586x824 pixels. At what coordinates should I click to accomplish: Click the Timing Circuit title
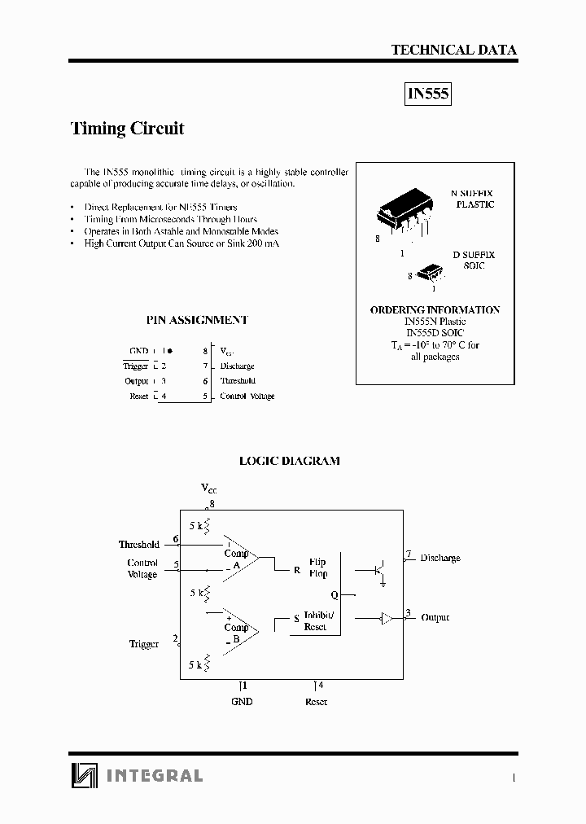pos(128,129)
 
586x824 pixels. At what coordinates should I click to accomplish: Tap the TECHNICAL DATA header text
pos(453,50)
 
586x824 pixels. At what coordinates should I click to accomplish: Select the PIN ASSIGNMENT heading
pos(197,320)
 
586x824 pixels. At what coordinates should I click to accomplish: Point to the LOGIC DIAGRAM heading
pos(289,461)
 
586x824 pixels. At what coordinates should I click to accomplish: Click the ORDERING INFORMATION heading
pos(435,310)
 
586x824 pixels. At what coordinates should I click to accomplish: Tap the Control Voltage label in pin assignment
pos(247,397)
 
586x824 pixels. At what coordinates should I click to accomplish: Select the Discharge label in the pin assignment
pos(237,366)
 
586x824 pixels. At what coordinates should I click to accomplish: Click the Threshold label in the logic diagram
pos(138,544)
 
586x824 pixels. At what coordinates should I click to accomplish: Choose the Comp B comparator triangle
pos(240,629)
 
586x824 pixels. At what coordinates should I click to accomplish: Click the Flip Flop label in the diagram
pos(317,567)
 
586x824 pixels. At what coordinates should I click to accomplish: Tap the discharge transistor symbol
pos(378,570)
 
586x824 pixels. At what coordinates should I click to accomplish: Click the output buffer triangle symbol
pos(387,618)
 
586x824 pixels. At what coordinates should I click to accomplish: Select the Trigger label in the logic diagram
pos(143,644)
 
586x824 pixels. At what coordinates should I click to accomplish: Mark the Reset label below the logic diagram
pos(316,701)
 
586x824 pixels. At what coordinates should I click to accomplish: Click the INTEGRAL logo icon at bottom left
pos(84,775)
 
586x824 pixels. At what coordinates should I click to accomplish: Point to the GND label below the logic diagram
pos(242,701)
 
